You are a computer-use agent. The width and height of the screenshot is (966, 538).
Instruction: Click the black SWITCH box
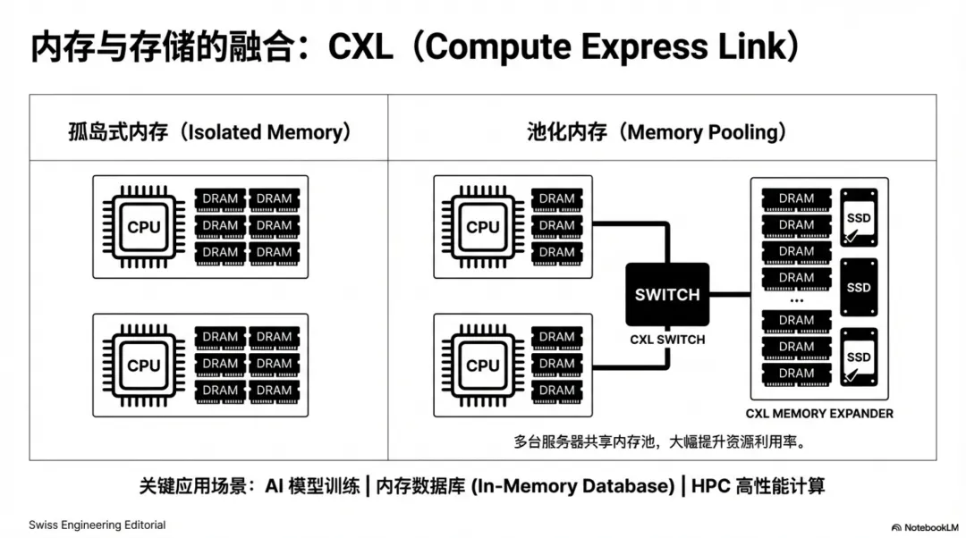click(666, 294)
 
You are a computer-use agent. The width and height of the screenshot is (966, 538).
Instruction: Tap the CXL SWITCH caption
click(666, 340)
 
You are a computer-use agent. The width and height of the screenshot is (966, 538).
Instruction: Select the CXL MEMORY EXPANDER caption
click(819, 414)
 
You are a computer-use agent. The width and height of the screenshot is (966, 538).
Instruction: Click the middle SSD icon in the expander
click(859, 287)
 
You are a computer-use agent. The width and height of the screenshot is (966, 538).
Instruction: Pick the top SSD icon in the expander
click(859, 217)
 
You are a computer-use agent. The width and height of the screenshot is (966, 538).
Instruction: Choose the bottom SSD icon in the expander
click(859, 357)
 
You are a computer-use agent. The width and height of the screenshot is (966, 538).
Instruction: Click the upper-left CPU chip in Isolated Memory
click(143, 227)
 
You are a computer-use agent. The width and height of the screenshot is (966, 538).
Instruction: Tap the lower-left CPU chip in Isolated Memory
click(143, 365)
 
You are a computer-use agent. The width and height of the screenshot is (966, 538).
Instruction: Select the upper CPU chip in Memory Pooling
click(482, 227)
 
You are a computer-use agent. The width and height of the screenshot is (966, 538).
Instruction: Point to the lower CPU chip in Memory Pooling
click(482, 365)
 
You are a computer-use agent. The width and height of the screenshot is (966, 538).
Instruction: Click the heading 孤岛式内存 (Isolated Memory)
click(208, 132)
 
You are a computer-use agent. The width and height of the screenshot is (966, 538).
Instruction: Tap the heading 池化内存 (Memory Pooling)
click(657, 132)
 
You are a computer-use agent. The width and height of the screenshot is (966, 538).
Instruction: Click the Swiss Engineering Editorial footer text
click(97, 525)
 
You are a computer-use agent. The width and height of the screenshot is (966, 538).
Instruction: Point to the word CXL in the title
click(360, 47)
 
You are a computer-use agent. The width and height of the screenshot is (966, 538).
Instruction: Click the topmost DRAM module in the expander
click(796, 198)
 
